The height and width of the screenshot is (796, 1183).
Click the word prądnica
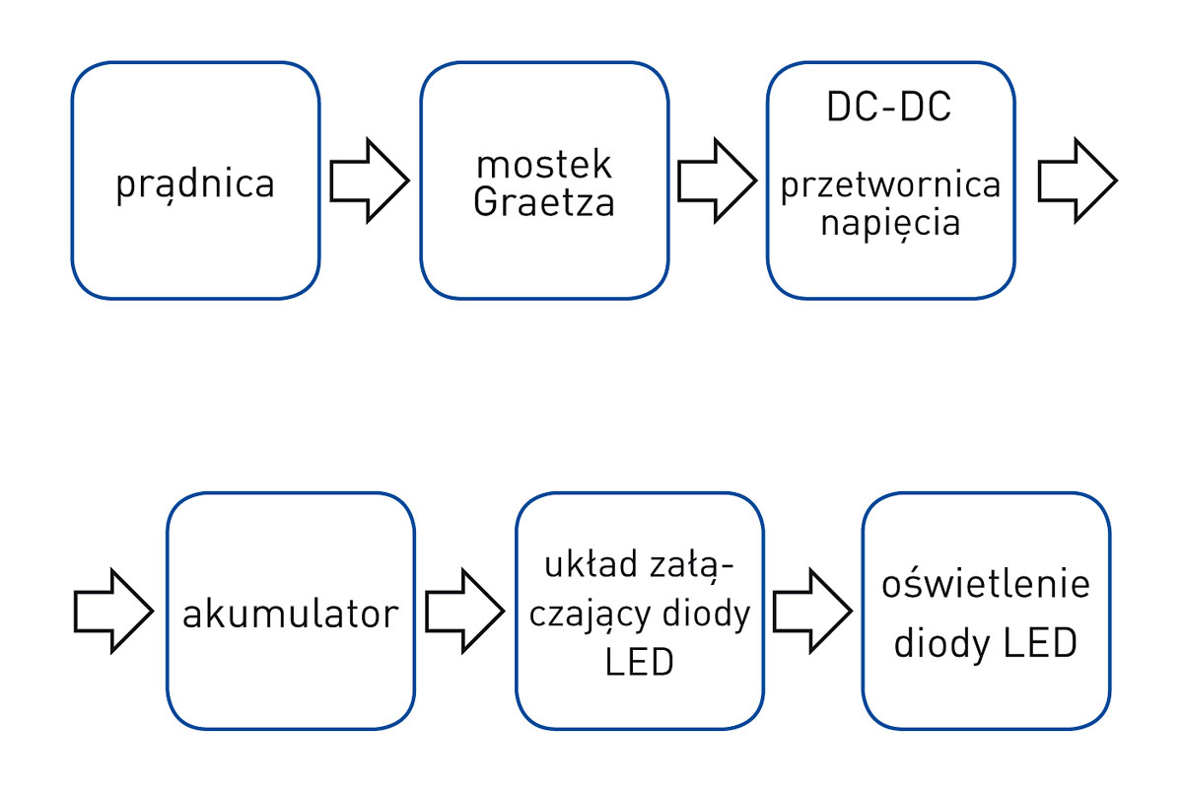(x=195, y=184)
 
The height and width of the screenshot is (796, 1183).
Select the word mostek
(x=543, y=164)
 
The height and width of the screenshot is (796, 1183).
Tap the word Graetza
(x=543, y=202)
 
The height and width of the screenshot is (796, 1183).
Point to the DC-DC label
(x=889, y=108)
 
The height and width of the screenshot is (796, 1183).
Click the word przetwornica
(x=890, y=185)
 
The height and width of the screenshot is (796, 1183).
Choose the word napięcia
(x=890, y=223)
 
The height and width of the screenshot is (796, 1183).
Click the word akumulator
(x=290, y=614)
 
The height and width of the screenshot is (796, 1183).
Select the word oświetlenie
(x=986, y=584)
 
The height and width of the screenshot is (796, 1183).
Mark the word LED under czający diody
(x=639, y=662)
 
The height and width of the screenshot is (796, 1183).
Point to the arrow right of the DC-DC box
(x=1077, y=181)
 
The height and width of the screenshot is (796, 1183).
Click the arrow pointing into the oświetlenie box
(x=811, y=612)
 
